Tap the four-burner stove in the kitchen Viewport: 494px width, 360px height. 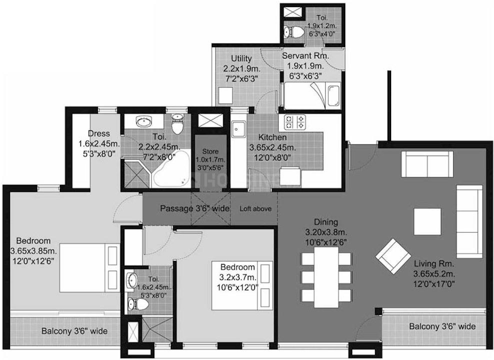(x=295, y=121)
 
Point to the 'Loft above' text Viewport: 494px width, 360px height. (x=255, y=209)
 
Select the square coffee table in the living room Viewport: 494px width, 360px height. (x=427, y=221)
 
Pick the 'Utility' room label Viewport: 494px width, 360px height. (x=241, y=58)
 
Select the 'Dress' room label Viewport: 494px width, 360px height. (x=98, y=133)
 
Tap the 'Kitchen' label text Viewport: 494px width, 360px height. (x=272, y=137)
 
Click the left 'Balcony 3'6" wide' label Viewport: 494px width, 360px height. (x=74, y=331)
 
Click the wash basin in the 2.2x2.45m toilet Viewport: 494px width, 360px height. (x=145, y=121)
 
